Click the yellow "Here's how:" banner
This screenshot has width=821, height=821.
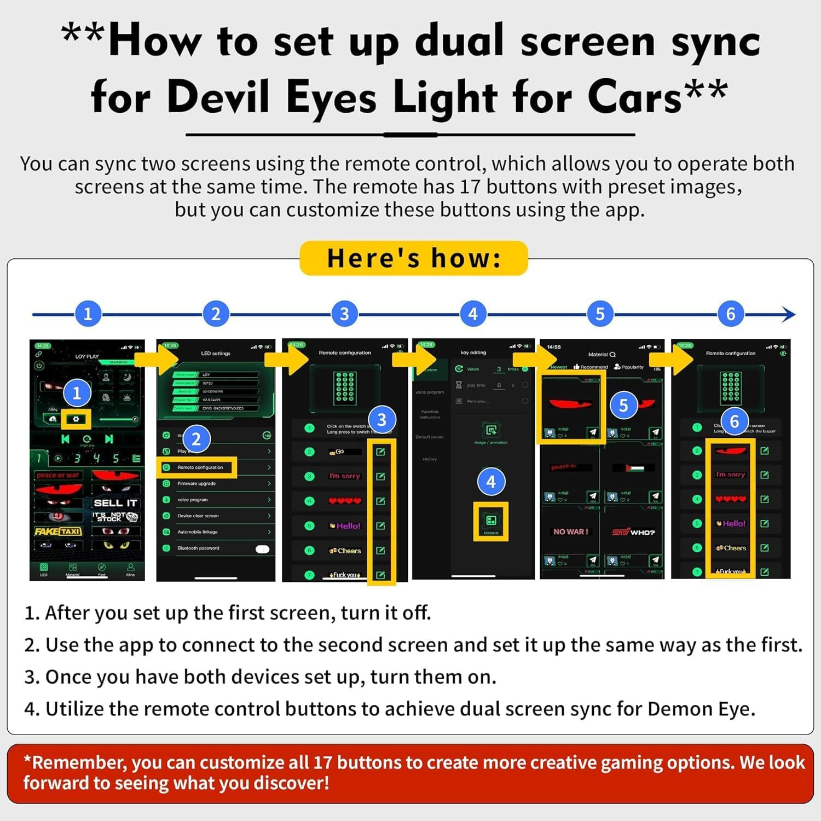(413, 258)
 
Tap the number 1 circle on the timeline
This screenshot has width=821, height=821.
(88, 314)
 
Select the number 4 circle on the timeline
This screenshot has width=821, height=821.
(473, 314)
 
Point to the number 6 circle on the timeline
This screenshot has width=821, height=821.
(731, 314)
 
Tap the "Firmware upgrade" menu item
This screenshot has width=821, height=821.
(196, 484)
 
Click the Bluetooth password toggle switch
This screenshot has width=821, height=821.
(262, 549)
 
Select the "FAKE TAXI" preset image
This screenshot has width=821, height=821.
(58, 531)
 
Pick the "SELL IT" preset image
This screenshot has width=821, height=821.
(115, 503)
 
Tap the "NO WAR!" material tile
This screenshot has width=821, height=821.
(570, 531)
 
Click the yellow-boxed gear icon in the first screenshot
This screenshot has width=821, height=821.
(76, 419)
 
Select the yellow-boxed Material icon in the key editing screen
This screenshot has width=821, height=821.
(491, 521)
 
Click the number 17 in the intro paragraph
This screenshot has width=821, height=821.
(470, 187)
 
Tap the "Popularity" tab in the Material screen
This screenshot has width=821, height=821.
(629, 367)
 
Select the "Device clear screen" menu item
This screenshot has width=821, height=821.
(198, 516)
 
